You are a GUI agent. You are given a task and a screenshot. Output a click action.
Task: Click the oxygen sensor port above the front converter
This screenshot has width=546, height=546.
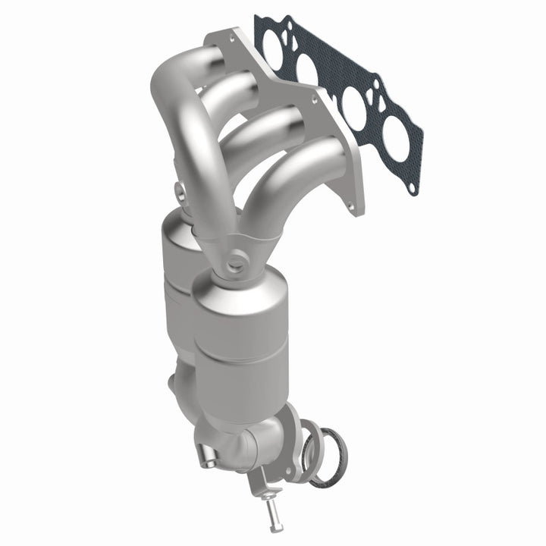click(236, 265)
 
